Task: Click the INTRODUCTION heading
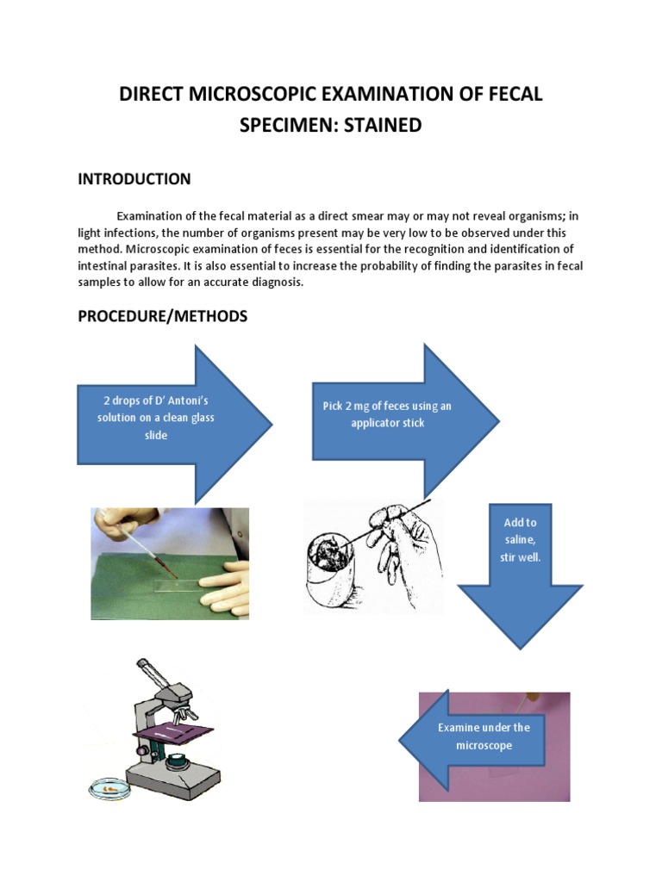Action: click(x=134, y=179)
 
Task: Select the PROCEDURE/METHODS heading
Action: click(x=163, y=316)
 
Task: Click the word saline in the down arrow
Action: click(x=520, y=540)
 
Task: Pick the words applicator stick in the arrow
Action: click(x=387, y=423)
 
